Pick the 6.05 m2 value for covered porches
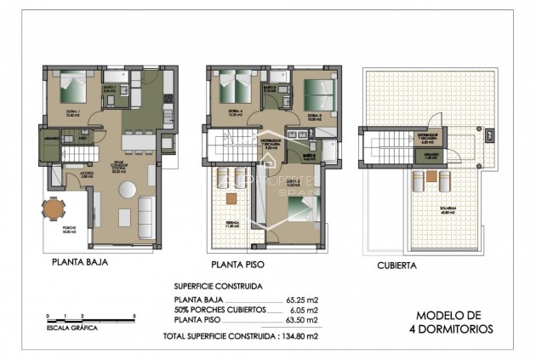(x=304, y=311)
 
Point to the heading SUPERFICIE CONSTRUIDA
(x=218, y=287)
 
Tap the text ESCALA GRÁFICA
(x=71, y=327)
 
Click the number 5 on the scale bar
(x=135, y=315)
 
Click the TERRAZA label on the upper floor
(x=232, y=222)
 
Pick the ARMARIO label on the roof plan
(x=431, y=157)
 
